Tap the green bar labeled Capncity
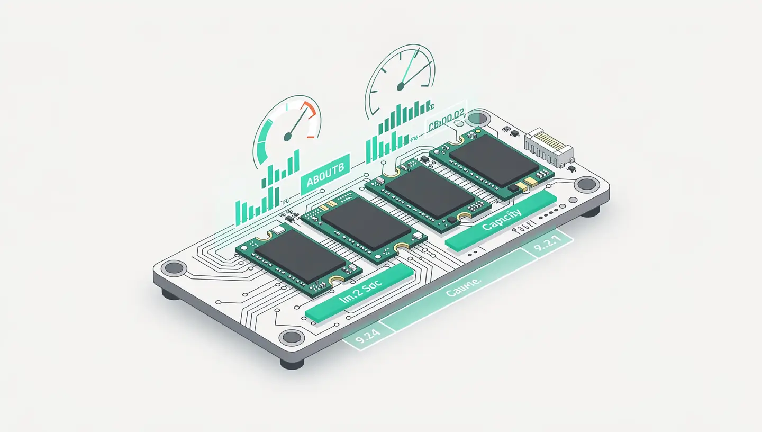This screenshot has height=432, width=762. point(501,220)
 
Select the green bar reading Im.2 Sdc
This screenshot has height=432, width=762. point(360,293)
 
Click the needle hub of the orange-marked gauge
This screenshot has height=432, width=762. point(287,137)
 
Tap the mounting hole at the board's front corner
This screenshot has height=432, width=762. point(291,337)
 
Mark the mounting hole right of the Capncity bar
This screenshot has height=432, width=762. point(586,184)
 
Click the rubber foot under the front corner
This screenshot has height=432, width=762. point(292,364)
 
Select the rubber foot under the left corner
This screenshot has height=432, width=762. point(169,293)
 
